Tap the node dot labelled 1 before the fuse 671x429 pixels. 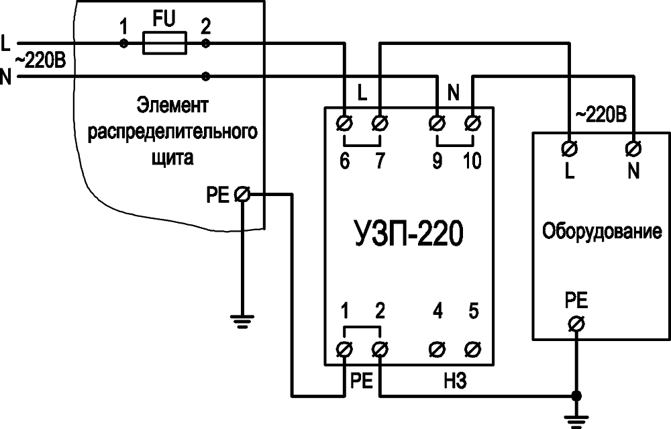pyautogui.click(x=123, y=44)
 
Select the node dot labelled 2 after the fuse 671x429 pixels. pyautogui.click(x=205, y=44)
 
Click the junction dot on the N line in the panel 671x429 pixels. pyautogui.click(x=205, y=77)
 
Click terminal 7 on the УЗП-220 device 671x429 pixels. pyautogui.click(x=380, y=124)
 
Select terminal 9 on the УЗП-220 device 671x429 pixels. pyautogui.click(x=437, y=124)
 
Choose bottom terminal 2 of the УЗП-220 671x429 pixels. pyautogui.click(x=380, y=349)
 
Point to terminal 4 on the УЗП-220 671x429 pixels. pyautogui.click(x=437, y=349)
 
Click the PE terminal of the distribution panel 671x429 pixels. pyautogui.click(x=244, y=195)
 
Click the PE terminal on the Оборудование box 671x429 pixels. pyautogui.click(x=575, y=324)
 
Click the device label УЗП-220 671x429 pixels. pyautogui.click(x=407, y=236)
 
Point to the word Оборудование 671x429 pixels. pyautogui.click(x=602, y=232)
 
